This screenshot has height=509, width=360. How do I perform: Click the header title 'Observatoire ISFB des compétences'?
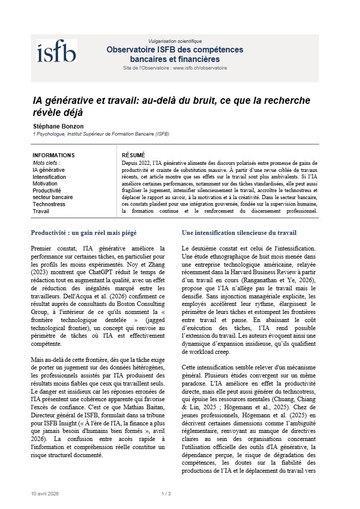point(175,50)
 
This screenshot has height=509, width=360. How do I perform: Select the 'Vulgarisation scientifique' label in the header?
point(175,41)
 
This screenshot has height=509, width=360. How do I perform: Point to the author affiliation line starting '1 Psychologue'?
point(100,135)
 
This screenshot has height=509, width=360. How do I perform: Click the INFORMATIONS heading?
point(53,155)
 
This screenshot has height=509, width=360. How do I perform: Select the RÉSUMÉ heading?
point(133,155)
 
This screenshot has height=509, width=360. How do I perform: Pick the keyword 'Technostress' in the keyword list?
point(49,205)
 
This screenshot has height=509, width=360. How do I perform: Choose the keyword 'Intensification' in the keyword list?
point(49,177)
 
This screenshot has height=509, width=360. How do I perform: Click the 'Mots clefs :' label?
point(46,163)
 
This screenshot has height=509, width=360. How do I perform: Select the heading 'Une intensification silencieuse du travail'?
point(239,233)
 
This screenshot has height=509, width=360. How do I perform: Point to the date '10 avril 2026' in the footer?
point(44,493)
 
